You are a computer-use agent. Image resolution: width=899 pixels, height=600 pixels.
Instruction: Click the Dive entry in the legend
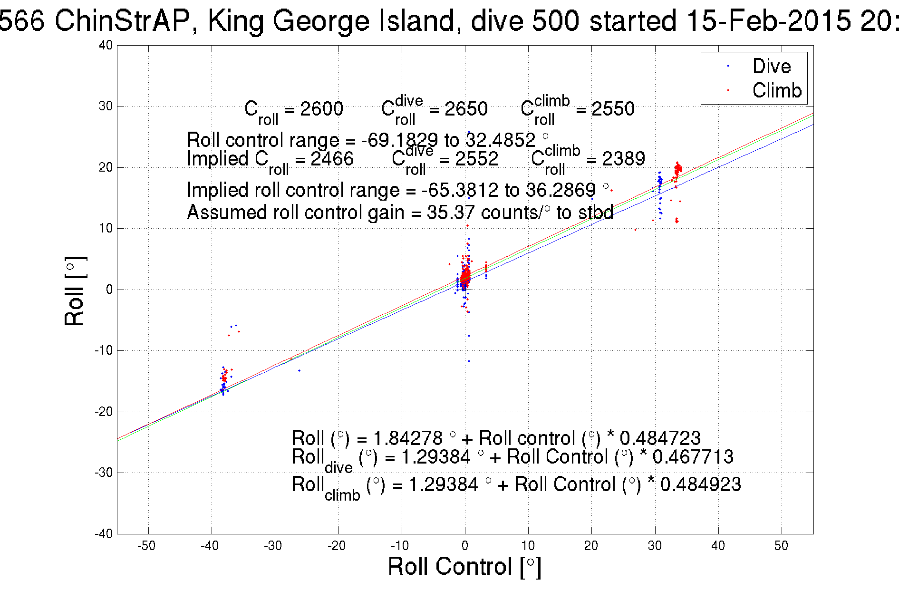pos(771,67)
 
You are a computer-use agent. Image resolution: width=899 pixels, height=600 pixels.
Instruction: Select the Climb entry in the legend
pos(776,90)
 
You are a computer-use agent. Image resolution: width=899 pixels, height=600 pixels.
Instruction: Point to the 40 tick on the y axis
pos(106,46)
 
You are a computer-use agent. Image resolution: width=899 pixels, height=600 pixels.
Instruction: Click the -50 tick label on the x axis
pos(146,546)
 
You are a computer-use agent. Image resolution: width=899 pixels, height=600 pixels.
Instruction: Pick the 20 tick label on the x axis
pos(591,546)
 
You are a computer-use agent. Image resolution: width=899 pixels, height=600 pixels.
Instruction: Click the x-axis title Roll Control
pos(464,567)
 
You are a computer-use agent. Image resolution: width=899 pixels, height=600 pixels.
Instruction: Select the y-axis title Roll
pos(75,291)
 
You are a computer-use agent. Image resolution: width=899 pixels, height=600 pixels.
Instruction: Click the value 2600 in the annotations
pos(321,109)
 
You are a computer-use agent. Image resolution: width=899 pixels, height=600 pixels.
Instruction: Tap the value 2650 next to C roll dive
pos(466,109)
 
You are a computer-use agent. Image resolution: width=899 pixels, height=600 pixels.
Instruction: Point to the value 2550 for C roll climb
pos(613,109)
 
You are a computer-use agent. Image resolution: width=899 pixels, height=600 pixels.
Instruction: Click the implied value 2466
pos(332,159)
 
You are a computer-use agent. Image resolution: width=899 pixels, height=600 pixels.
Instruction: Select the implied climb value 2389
pos(623,159)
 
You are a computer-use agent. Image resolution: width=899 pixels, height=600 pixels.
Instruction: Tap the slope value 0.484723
pos(660,438)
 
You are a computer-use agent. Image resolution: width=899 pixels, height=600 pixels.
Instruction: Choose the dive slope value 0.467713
pos(693,457)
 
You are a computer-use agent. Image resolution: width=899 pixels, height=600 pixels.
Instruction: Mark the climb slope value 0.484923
pos(700,484)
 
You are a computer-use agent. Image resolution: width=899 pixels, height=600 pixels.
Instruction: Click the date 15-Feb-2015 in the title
pos(769,21)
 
